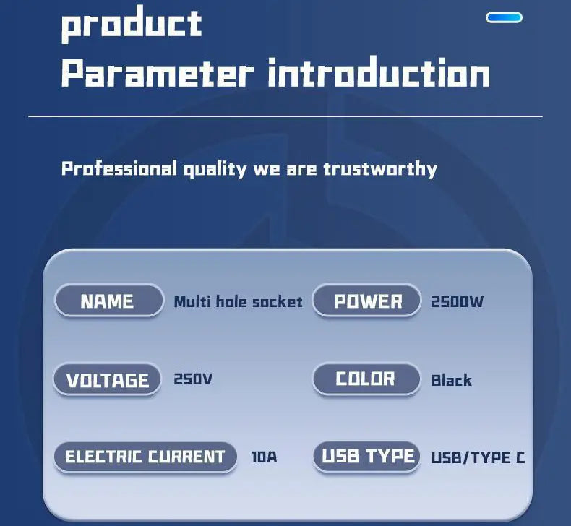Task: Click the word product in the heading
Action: tap(132, 24)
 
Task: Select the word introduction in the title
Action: tap(379, 72)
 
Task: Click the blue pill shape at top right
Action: tap(504, 17)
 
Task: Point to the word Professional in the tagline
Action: tap(119, 169)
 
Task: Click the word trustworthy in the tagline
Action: tap(380, 169)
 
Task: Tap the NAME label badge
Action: tap(109, 301)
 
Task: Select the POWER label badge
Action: tap(366, 301)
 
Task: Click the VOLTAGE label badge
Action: tap(107, 379)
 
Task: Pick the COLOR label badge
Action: tap(366, 379)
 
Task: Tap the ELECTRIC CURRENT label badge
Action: tap(145, 457)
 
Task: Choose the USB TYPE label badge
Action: tap(366, 457)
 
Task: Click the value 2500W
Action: tap(457, 302)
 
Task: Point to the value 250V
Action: tap(193, 379)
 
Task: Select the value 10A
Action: tap(264, 457)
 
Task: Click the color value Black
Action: tap(451, 380)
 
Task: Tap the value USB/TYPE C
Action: tap(478, 457)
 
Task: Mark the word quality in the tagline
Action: tap(215, 169)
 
